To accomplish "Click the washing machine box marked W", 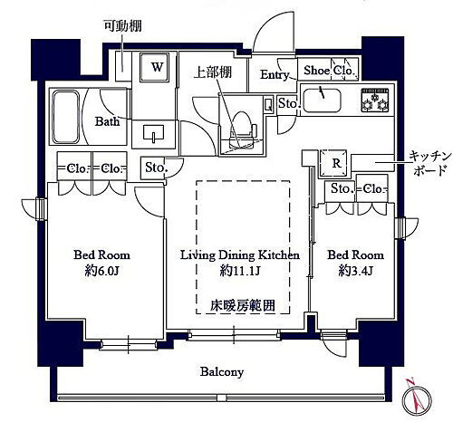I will [x=157, y=67].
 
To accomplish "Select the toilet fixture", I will [x=242, y=119].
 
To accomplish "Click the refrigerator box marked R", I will [x=336, y=164].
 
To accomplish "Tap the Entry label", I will [x=275, y=75].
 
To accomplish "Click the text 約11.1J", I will [x=239, y=270].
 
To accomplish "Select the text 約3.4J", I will [x=358, y=270].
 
